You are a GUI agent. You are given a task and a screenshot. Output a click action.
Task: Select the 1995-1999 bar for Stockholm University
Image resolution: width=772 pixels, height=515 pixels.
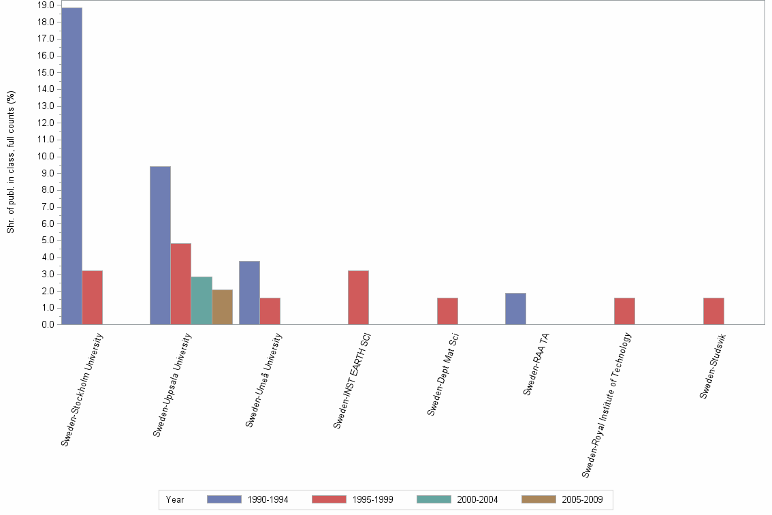[x=93, y=298]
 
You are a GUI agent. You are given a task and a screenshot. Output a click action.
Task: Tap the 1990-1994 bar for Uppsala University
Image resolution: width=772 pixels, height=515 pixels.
[x=160, y=245]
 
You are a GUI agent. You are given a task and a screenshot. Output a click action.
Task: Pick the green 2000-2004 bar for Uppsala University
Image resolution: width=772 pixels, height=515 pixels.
[x=202, y=300]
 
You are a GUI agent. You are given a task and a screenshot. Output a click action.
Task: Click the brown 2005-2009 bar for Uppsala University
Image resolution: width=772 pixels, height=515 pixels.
[x=223, y=307]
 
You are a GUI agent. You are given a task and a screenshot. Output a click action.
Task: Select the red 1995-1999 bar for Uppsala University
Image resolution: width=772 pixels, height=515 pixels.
[x=181, y=284]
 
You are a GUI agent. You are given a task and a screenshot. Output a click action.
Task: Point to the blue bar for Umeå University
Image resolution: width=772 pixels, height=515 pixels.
[x=249, y=293]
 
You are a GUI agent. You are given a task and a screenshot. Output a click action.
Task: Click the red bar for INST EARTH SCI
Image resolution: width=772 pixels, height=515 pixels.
[x=358, y=298]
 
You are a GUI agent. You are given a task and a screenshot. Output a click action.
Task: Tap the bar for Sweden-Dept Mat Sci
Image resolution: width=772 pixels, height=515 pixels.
[x=447, y=311]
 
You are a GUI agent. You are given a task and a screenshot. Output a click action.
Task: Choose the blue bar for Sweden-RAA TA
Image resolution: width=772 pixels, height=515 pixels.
[x=515, y=309]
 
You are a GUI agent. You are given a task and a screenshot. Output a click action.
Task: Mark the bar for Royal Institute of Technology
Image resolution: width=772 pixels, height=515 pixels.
[x=624, y=311]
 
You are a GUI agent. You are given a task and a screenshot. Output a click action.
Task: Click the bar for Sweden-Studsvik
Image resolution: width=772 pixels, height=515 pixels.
[x=713, y=311]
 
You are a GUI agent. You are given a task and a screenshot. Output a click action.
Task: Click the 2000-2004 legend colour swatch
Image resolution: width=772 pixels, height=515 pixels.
[x=434, y=499]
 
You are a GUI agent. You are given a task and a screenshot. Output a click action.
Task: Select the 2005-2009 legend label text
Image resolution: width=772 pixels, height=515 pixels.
[x=582, y=499]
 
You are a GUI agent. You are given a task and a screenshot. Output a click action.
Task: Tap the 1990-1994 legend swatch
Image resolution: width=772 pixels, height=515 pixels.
[x=224, y=499]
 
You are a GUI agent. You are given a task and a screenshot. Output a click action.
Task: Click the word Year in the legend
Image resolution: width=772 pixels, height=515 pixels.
[x=175, y=499]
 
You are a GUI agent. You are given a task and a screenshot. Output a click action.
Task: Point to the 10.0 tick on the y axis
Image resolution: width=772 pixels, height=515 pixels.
[x=46, y=157]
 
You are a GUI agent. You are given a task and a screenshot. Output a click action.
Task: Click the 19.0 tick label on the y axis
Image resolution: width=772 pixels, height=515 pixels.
[x=46, y=5]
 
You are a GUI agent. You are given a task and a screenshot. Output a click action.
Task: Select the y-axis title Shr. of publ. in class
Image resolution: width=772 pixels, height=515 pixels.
[x=11, y=162]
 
